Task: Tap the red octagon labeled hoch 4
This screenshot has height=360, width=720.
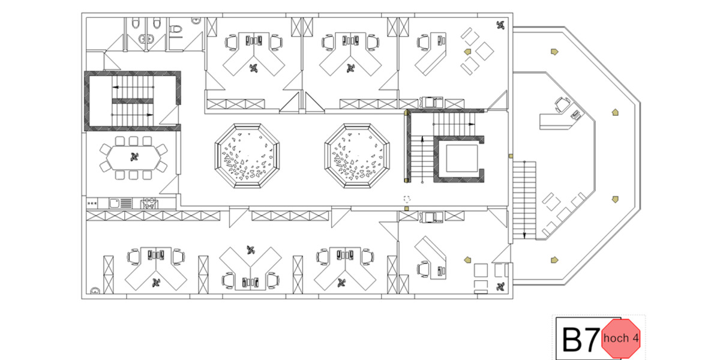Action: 621,338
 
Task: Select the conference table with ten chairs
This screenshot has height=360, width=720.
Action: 133,158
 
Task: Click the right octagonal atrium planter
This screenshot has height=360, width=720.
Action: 358,155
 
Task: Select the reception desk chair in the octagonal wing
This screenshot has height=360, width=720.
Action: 563,104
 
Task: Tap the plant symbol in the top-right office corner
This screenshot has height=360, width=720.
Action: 501,25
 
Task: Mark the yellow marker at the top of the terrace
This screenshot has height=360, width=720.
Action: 553,52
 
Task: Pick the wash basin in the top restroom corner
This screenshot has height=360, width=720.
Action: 195,20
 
